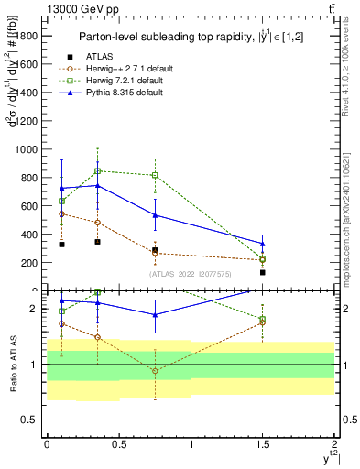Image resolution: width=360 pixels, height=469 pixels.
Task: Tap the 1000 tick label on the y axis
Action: (x=27, y=148)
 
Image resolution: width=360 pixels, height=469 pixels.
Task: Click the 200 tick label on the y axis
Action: (x=29, y=263)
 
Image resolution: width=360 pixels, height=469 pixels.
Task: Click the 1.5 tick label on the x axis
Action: (x=263, y=444)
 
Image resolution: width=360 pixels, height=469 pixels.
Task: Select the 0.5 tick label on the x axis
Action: (x=118, y=444)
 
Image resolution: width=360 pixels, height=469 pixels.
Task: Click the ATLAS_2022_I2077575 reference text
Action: (x=191, y=273)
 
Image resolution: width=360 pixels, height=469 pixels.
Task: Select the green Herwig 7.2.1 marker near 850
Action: (x=97, y=170)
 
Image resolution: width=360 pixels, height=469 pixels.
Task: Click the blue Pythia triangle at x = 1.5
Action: (x=263, y=244)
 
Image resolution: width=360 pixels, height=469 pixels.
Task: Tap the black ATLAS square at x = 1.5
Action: (x=263, y=272)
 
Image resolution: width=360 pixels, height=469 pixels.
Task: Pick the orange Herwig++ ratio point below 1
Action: (x=155, y=371)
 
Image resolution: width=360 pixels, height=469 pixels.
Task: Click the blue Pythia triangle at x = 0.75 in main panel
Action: (x=155, y=215)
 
